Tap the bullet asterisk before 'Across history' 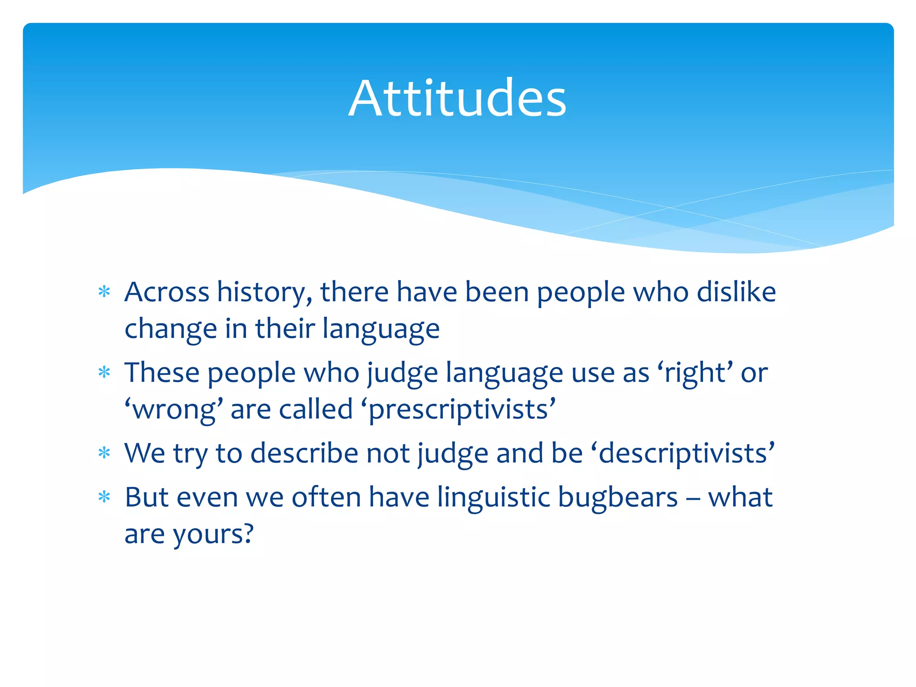(104, 292)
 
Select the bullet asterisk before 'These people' (104, 372)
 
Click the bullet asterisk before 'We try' (104, 453)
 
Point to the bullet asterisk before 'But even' (104, 497)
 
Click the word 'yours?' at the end (213, 535)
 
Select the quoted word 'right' (695, 373)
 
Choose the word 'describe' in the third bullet (304, 453)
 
